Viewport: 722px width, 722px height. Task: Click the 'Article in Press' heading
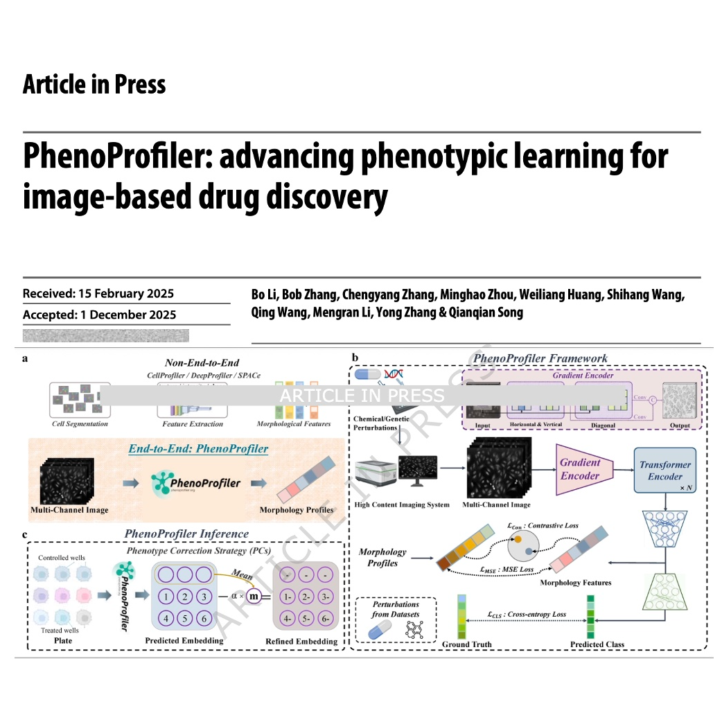pos(94,85)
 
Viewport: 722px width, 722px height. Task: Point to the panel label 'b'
pos(355,358)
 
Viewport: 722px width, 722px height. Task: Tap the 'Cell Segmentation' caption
pos(80,423)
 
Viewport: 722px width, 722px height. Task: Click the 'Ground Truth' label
pos(466,644)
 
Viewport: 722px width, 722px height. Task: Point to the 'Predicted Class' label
pos(597,644)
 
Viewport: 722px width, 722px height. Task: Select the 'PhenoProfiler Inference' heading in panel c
pos(186,534)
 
